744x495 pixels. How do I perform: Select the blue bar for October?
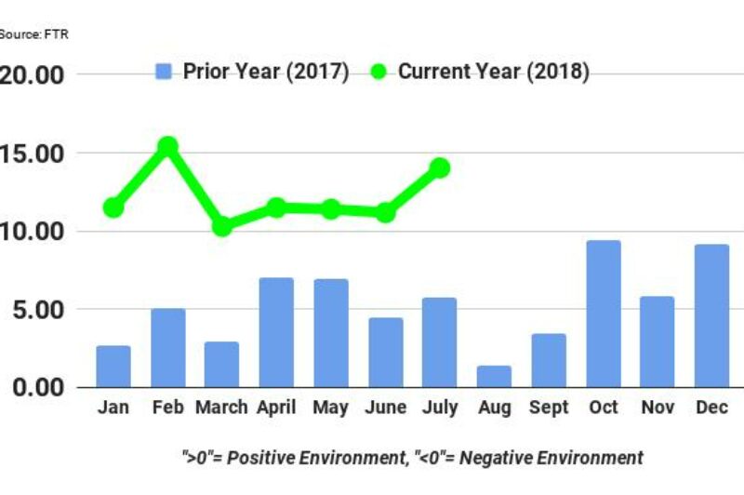(x=603, y=314)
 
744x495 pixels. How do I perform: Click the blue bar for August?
(x=494, y=376)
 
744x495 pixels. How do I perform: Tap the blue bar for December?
(x=711, y=315)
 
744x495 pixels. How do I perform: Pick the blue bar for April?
(x=276, y=332)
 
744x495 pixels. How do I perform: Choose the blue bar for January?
(x=113, y=366)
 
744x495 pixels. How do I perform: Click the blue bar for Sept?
(x=549, y=360)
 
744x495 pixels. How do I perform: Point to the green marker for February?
(x=167, y=146)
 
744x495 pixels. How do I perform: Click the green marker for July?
(x=440, y=167)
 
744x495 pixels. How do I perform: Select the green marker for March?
(x=221, y=226)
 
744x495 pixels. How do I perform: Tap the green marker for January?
(x=113, y=207)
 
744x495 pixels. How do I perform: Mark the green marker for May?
(x=330, y=209)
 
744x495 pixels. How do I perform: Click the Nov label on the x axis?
(x=658, y=408)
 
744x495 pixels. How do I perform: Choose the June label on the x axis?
(x=385, y=408)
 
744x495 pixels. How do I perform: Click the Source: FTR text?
(x=33, y=34)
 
